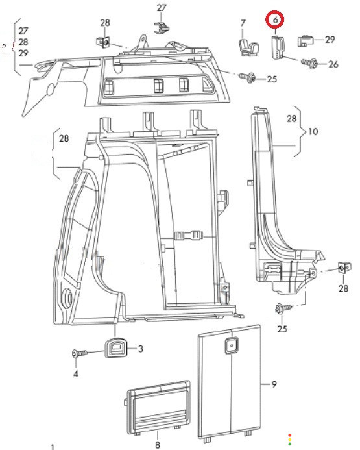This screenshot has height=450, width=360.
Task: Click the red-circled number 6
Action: point(275,19)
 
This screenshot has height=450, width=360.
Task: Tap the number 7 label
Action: point(243,23)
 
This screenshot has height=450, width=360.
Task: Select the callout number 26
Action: point(333,64)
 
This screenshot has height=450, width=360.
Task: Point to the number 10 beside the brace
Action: point(313,131)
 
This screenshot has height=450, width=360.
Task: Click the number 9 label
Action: point(274,384)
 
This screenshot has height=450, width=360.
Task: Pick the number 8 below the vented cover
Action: point(158,445)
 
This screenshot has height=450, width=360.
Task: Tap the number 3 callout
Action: point(140,349)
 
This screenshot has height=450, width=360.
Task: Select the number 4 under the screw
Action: point(76,373)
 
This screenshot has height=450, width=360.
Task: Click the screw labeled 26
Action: point(309,63)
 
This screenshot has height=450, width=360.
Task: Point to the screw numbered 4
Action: point(80,353)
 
